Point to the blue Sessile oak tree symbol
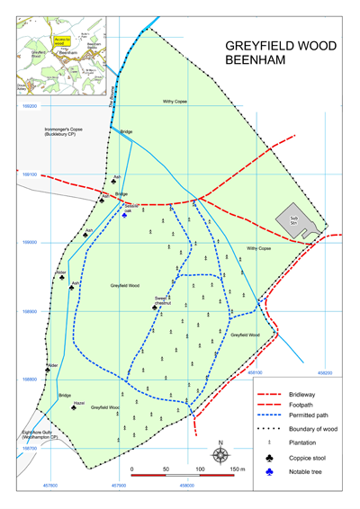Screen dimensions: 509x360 (125, 215)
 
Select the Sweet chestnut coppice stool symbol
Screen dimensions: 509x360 (155, 307)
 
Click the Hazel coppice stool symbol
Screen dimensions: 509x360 (74, 407)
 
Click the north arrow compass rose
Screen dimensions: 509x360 (220, 454)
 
